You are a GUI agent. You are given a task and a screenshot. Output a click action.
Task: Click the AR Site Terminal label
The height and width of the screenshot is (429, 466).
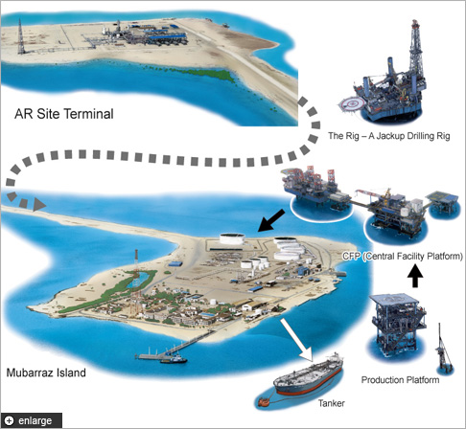[x=64, y=114]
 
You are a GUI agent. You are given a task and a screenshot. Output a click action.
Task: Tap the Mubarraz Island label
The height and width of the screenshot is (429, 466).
[x=46, y=373]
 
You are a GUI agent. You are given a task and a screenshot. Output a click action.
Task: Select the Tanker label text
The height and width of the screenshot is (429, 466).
[x=332, y=403]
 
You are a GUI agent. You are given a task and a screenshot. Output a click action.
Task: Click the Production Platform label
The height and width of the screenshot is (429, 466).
[x=400, y=380]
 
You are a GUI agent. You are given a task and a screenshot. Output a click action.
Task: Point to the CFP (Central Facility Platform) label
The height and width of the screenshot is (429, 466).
[x=403, y=256]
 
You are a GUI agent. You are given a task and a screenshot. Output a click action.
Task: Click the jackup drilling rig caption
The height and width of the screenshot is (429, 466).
[x=389, y=136]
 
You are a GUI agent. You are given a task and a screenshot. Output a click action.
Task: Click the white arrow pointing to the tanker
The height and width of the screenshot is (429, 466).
[x=296, y=340]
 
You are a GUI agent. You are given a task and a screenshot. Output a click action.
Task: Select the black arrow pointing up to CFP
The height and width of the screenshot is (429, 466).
[x=415, y=276]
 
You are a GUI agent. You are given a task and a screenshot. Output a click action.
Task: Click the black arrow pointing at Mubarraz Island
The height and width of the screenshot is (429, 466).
[x=271, y=220]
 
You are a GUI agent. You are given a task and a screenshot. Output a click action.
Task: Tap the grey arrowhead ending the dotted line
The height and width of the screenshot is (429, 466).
[x=38, y=204]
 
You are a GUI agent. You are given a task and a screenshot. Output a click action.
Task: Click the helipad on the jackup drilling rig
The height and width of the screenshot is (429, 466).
[x=353, y=104]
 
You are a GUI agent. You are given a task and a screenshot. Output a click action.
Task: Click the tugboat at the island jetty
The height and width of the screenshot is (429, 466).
[x=174, y=359]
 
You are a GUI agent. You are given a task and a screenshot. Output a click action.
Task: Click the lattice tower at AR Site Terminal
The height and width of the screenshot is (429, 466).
[x=21, y=36]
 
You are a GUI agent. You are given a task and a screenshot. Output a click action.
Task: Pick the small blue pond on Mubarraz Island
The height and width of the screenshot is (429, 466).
[x=139, y=280]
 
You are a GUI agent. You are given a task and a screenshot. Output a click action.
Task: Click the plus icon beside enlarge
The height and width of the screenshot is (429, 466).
[x=10, y=420]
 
